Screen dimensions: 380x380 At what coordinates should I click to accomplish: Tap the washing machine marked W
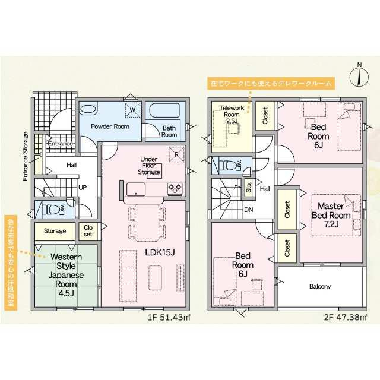click(132, 110)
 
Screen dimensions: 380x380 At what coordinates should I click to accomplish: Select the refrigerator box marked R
click(176, 154)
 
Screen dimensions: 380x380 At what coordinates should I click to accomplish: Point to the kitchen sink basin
click(136, 189)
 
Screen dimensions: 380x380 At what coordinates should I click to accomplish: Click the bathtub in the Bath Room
click(164, 110)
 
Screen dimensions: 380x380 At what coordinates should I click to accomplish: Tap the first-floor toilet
click(53, 209)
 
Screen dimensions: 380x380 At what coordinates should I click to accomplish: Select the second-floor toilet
click(229, 166)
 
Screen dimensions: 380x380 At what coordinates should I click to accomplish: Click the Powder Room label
click(110, 126)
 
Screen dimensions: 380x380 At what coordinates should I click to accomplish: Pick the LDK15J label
click(160, 252)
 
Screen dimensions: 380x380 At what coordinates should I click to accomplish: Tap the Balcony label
click(320, 286)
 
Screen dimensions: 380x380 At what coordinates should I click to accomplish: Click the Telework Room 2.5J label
click(232, 115)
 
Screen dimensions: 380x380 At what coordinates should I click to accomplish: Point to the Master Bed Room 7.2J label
click(331, 215)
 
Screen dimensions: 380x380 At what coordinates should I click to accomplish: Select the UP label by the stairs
click(83, 188)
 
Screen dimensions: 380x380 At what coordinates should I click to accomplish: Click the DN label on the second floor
click(249, 210)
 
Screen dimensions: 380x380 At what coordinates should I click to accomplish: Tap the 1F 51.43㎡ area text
click(169, 317)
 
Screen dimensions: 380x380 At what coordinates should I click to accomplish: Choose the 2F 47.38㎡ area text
click(345, 317)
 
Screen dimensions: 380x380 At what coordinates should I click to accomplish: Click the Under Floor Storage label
click(149, 166)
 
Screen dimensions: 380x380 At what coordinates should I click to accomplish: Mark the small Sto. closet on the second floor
click(249, 187)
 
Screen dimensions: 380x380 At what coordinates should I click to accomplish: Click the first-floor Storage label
click(55, 231)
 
